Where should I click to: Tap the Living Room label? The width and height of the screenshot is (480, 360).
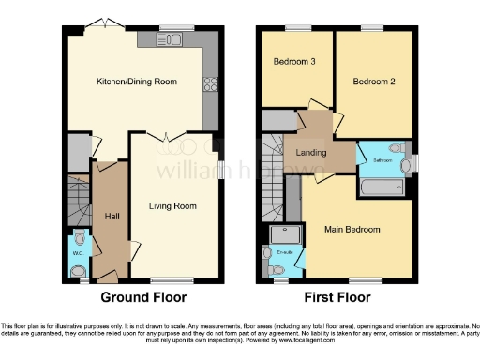pyautogui.click(x=172, y=205)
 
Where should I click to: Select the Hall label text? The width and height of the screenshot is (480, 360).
pyautogui.click(x=112, y=217)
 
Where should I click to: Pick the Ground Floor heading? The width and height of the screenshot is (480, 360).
pyautogui.click(x=143, y=297)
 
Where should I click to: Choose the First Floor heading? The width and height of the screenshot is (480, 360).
pyautogui.click(x=337, y=297)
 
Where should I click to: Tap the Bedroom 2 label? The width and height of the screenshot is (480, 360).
pyautogui.click(x=373, y=82)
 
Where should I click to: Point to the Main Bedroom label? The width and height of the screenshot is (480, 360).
pyautogui.click(x=352, y=230)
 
